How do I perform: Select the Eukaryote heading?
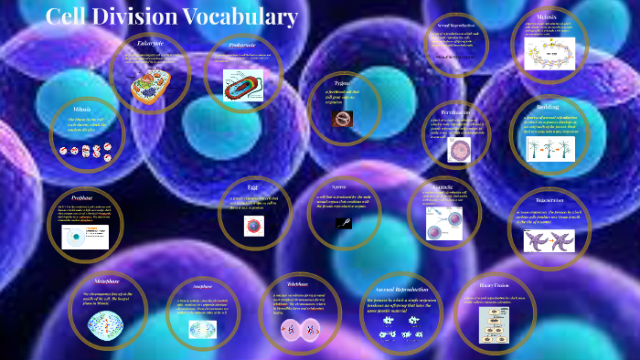point(150,44)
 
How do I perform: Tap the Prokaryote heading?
point(242,45)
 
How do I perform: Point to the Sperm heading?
point(337,186)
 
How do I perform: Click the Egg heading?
point(252,186)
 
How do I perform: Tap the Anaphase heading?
point(202,286)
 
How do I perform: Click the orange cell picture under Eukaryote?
point(149,87)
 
